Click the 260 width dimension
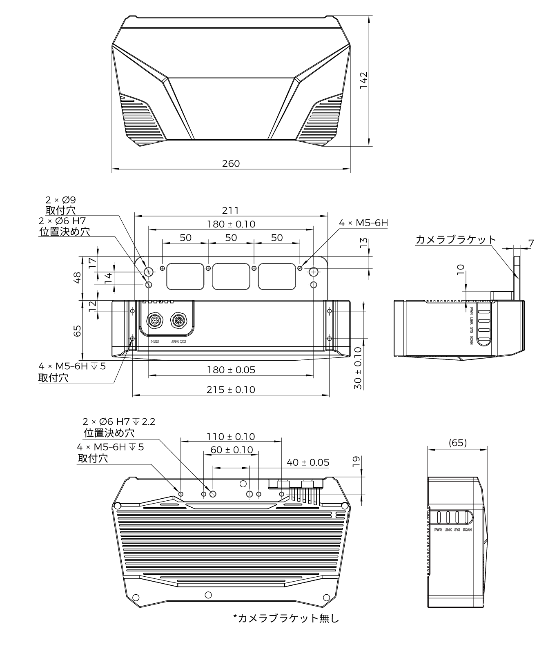(x=231, y=164)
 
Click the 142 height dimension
(x=364, y=80)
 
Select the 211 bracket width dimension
(x=231, y=210)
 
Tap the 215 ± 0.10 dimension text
(x=231, y=390)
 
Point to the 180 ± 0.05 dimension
(x=231, y=370)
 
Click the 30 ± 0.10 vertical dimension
(x=358, y=368)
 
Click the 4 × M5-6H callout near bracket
(x=363, y=223)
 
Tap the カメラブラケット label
(x=455, y=240)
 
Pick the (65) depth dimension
(x=457, y=443)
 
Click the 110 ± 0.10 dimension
(x=231, y=437)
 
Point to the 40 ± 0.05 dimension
(x=308, y=462)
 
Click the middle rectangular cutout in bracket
(x=231, y=277)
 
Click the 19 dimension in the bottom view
(x=356, y=462)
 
